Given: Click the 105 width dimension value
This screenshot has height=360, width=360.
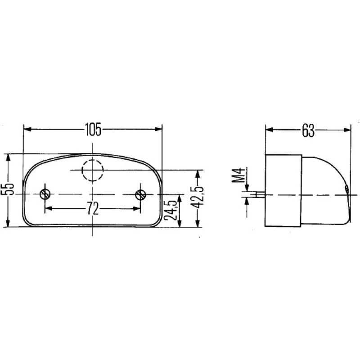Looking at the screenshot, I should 93,129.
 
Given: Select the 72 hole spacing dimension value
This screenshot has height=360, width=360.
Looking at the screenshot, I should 93,208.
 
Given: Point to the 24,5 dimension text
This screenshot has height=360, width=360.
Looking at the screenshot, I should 171,211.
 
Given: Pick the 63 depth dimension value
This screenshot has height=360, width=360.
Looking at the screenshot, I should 307,130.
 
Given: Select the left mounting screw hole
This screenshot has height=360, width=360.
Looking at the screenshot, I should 45,194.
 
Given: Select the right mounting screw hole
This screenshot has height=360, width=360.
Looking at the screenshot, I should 140,194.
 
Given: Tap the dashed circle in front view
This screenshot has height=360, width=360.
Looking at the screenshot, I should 93,170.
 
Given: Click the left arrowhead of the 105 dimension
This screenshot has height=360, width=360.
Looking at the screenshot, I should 27,129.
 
